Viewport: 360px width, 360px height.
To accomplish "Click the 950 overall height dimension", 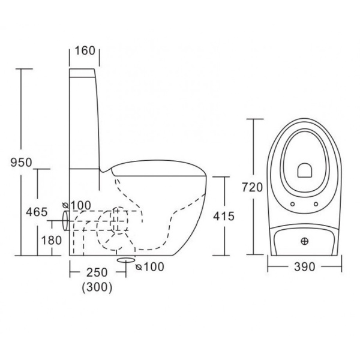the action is click(x=21, y=163).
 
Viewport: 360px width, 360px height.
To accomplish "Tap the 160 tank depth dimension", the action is click(x=85, y=50).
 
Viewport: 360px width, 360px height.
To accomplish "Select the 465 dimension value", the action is click(x=37, y=212).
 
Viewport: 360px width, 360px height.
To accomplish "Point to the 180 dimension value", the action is click(x=52, y=241).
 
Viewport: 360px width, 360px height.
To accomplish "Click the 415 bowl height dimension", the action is click(x=224, y=216).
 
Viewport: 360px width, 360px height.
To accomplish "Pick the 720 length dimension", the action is click(x=253, y=187).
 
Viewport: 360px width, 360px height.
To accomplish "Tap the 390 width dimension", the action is click(x=305, y=267).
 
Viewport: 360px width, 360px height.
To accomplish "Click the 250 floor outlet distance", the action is click(x=97, y=272).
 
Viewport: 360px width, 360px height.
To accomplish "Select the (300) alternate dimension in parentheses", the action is click(x=97, y=287).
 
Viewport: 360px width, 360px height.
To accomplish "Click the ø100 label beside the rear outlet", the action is click(x=77, y=205).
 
